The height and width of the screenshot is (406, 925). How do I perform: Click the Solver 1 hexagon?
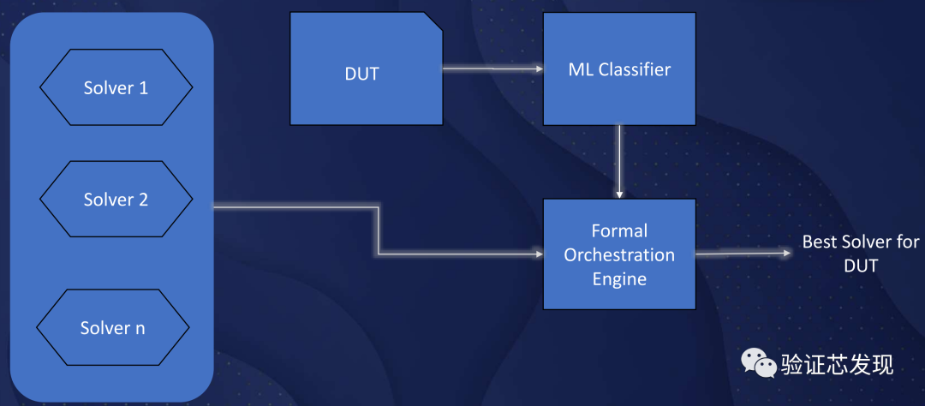point(116,88)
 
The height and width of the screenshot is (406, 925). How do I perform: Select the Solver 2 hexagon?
point(116,200)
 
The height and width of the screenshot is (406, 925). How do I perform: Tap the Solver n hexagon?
point(112,329)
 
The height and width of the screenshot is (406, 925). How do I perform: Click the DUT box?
point(366,74)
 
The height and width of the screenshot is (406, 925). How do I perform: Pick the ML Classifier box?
point(619,69)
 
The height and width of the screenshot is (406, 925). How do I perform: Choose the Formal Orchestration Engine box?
point(619,254)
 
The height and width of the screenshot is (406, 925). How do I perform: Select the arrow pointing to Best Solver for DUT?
point(742,253)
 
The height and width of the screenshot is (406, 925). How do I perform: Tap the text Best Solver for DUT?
point(860,254)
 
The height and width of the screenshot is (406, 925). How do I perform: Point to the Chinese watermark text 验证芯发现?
point(837,365)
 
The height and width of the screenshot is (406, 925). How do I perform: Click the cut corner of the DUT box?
point(433,21)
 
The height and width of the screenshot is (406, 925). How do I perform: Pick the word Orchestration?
point(619,254)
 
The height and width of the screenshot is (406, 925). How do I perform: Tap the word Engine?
point(619,278)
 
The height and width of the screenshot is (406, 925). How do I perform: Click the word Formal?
point(619,231)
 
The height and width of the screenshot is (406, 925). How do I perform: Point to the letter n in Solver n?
point(140,329)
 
